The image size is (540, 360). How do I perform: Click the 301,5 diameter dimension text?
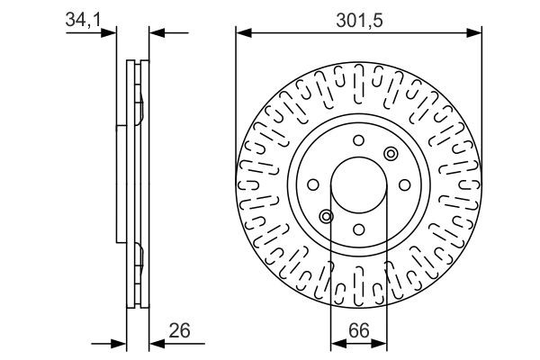tap(358, 15)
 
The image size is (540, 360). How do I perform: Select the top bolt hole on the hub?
tap(358, 139)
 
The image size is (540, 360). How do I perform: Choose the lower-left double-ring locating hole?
tap(327, 215)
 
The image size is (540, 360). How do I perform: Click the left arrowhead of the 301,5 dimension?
tap(241, 33)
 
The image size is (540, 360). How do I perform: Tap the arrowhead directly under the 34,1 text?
tap(112, 33)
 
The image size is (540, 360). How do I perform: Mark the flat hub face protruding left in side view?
tap(120, 184)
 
